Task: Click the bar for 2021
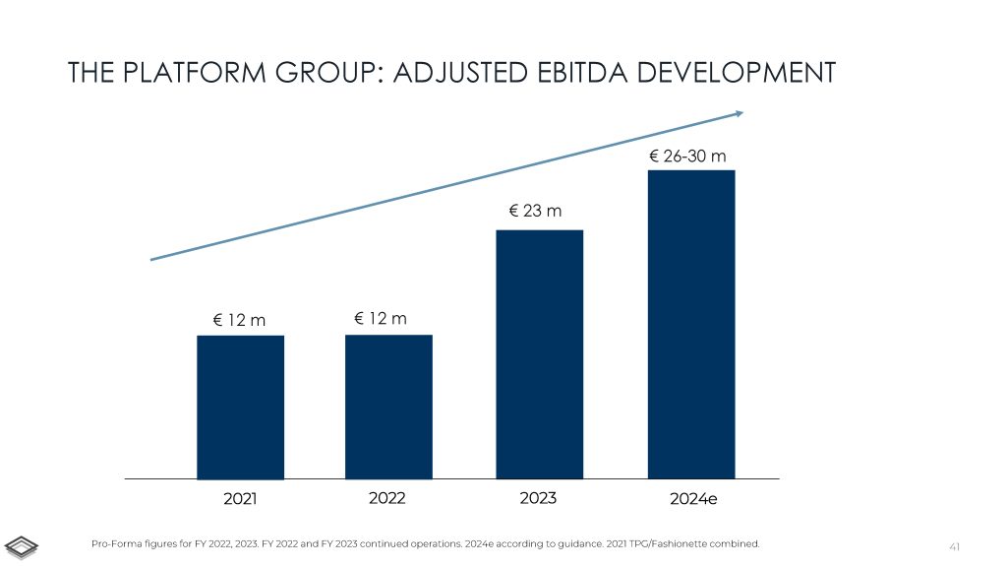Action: (240, 407)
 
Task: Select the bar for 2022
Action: (388, 407)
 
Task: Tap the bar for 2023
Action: (539, 353)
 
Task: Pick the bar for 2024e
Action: (691, 324)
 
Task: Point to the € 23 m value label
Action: (535, 210)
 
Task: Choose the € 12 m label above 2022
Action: (381, 318)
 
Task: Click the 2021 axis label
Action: (240, 499)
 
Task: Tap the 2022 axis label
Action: (387, 498)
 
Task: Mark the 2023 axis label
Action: (538, 498)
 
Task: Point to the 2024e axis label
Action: (693, 499)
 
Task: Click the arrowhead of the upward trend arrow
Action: (738, 114)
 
